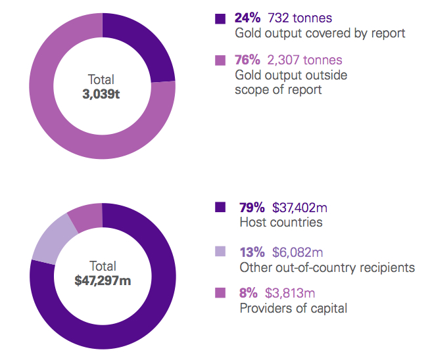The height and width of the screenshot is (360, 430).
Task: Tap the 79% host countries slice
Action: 131,328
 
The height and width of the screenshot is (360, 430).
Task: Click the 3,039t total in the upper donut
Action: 103,94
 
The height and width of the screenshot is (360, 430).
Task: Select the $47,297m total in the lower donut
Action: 103,281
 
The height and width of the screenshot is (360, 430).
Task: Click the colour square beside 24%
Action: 220,18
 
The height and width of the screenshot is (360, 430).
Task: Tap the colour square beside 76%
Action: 220,60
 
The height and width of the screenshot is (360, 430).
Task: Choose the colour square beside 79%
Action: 220,208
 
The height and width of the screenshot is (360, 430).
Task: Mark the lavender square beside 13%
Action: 220,251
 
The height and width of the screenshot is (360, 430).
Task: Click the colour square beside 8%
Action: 220,292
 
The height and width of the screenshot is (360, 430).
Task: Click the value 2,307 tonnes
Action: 304,60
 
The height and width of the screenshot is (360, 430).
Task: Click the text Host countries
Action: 281,223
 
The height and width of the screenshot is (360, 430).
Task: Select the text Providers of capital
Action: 293,308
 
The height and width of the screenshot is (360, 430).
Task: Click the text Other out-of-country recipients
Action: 327,267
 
